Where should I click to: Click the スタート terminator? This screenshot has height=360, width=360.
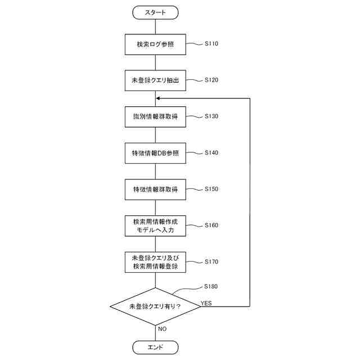pyautogui.click(x=155, y=11)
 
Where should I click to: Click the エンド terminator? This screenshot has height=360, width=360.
pyautogui.click(x=155, y=346)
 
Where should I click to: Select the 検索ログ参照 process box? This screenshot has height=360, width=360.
pyautogui.click(x=155, y=44)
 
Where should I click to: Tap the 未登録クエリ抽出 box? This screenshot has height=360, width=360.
pyautogui.click(x=155, y=80)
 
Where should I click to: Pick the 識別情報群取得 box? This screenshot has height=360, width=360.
pyautogui.click(x=155, y=116)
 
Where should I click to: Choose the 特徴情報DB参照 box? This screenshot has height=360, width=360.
pyautogui.click(x=155, y=153)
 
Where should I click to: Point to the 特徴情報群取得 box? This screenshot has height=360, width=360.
pyautogui.click(x=155, y=189)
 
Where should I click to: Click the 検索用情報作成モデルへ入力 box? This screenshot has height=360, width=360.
pyautogui.click(x=155, y=226)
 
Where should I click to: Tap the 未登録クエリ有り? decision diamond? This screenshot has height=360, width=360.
pyautogui.click(x=155, y=307)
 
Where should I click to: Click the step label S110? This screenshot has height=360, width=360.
pyautogui.click(x=211, y=43)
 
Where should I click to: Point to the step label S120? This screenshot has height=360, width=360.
pyautogui.click(x=211, y=79)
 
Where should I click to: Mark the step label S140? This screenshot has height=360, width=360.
pyautogui.click(x=211, y=152)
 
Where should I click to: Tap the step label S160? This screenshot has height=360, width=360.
pyautogui.click(x=211, y=225)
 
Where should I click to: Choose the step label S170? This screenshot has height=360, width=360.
pyautogui.click(x=211, y=262)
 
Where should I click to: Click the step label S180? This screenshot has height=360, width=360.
pyautogui.click(x=211, y=286)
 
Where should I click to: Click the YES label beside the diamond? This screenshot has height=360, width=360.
pyautogui.click(x=206, y=303)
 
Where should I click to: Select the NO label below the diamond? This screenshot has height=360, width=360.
pyautogui.click(x=162, y=328)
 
